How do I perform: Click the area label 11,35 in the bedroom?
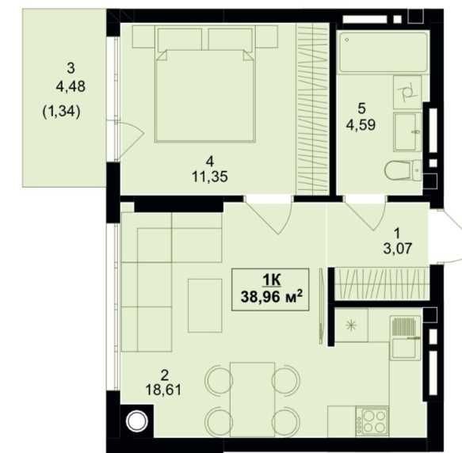point(210,177)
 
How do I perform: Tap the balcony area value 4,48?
point(71,86)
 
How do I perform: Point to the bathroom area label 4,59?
point(361,125)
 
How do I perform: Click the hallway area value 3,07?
point(398,249)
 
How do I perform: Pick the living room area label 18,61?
point(163,390)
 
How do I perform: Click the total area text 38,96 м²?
point(271,296)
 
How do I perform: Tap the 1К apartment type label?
point(271,280)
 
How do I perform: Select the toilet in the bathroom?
point(403,170)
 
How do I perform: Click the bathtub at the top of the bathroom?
point(383,52)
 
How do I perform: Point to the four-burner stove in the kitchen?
point(372,421)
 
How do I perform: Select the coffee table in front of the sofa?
point(204,306)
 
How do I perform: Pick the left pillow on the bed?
point(180,40)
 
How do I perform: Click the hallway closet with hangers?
point(380,284)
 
